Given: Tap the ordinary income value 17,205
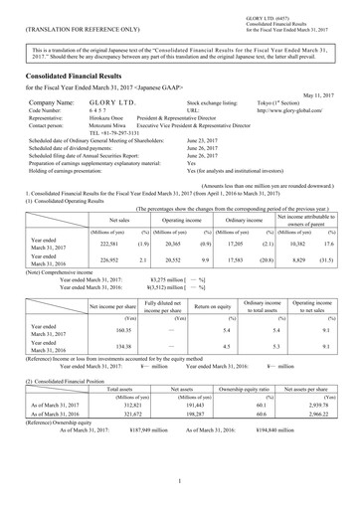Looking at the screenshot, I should coord(231,242).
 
